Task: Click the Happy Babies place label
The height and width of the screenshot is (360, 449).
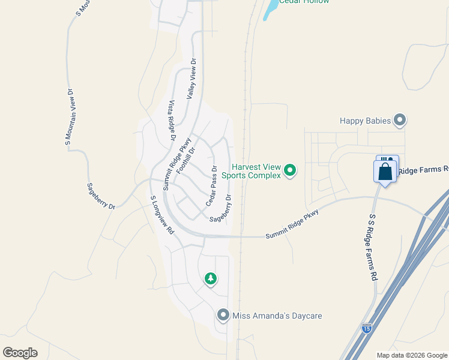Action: coord(365,121)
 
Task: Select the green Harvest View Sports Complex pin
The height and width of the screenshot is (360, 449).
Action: coord(290,171)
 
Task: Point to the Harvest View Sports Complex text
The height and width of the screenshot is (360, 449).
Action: coord(252,171)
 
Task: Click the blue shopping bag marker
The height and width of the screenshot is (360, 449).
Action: coord(385,171)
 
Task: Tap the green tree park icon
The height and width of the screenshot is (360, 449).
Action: coord(210,278)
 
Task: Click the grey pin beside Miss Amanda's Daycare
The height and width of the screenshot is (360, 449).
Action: coord(223,315)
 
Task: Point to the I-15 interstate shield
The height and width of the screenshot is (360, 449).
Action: coord(367,328)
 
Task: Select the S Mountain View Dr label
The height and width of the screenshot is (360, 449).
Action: coord(69,118)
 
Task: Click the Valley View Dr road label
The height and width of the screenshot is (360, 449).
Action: coord(191,79)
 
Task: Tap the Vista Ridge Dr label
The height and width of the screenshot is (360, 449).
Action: coord(172,121)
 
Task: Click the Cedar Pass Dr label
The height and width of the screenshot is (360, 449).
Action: coord(211,185)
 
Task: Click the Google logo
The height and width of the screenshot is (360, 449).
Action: coord(20,353)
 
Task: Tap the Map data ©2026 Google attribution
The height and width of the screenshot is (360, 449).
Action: coord(412,355)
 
